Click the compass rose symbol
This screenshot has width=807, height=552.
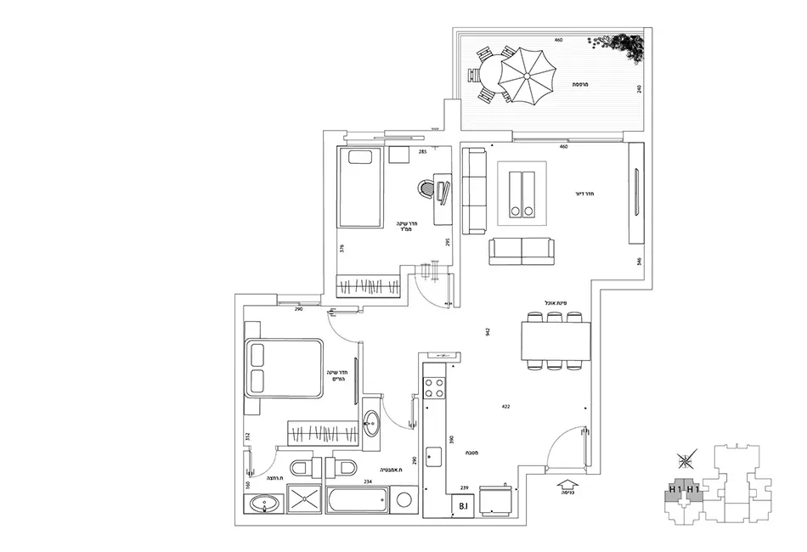(x=685, y=462)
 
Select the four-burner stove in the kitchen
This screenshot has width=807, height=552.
(x=434, y=387)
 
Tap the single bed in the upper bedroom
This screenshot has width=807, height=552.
(x=359, y=187)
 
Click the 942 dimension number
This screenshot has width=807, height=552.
(x=488, y=331)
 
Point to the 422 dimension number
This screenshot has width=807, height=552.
(x=505, y=407)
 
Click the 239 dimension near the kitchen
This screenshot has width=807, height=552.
(x=465, y=487)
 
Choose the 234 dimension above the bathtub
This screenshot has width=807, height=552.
(x=368, y=482)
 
